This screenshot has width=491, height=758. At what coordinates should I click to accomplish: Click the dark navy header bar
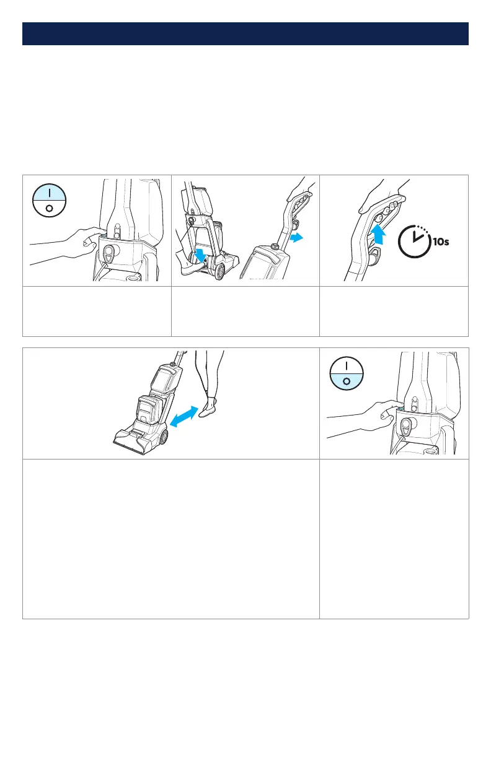(x=245, y=34)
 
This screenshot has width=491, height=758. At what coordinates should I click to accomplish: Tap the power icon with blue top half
(x=50, y=201)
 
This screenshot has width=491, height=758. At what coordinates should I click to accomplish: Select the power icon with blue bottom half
(x=347, y=373)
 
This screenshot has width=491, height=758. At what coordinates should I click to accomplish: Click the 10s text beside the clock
(x=441, y=242)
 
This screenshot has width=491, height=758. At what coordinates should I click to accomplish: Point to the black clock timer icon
(x=414, y=242)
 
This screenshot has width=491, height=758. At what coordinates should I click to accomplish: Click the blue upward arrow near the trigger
(x=378, y=235)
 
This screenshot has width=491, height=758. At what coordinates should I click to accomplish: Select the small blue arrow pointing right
(x=296, y=238)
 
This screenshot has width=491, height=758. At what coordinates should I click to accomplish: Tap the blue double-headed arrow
(x=184, y=416)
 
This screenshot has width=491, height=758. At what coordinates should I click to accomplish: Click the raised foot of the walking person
(x=208, y=408)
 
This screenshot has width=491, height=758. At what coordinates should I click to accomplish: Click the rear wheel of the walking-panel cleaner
(x=163, y=438)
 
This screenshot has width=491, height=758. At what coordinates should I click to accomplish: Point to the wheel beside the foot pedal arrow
(x=219, y=271)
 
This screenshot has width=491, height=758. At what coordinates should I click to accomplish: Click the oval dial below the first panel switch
(x=109, y=253)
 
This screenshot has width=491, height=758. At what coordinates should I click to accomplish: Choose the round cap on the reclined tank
(x=273, y=246)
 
